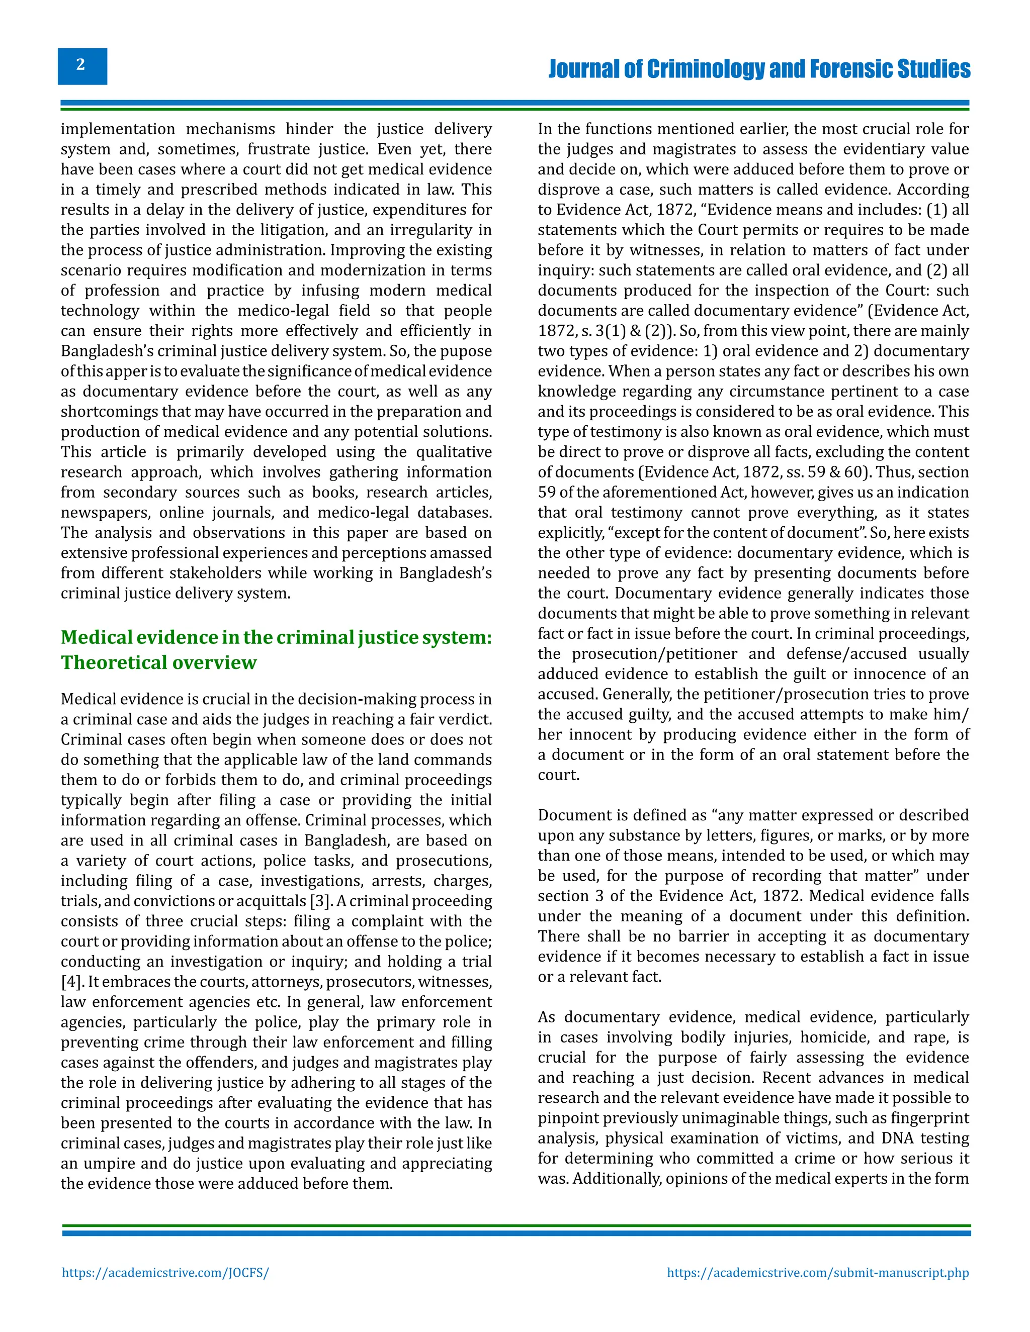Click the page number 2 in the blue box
click(x=81, y=65)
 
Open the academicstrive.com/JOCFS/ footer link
click(x=165, y=1273)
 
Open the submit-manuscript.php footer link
click(x=818, y=1273)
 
